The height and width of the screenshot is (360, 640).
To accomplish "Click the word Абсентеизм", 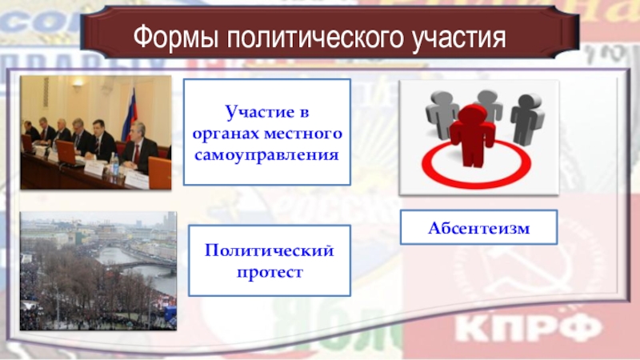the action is point(478,228).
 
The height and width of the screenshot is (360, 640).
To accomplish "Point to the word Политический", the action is point(270,250).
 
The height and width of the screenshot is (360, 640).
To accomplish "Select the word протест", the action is point(270,272).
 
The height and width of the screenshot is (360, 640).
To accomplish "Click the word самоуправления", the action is point(267,155).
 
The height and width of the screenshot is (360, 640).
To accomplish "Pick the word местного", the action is point(303,134).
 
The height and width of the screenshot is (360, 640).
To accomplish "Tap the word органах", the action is point(226,134).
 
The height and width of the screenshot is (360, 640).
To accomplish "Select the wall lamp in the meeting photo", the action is point(77,83).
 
